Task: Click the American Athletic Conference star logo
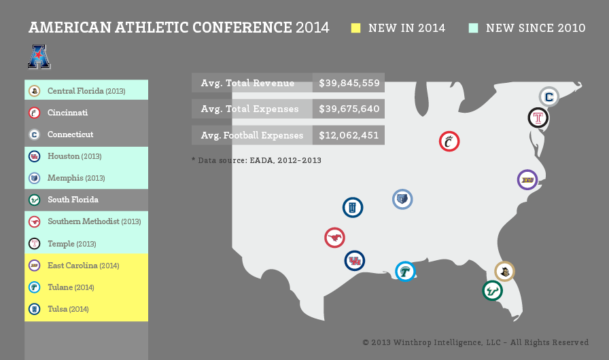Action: (39, 56)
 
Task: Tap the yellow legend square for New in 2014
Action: (355, 28)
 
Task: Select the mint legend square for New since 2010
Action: (474, 28)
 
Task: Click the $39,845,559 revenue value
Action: (349, 83)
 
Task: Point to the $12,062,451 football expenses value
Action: (349, 135)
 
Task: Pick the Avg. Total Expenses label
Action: (249, 109)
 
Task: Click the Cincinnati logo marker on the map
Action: (449, 141)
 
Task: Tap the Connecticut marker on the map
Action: (549, 96)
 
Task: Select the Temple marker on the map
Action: (538, 118)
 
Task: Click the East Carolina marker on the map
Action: (527, 180)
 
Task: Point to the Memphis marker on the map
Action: (402, 200)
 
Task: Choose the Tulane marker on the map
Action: (406, 272)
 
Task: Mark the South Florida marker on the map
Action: (493, 291)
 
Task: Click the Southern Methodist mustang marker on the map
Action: (335, 238)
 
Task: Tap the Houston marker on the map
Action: (355, 261)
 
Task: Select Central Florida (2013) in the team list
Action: (86, 91)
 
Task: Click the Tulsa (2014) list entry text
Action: (68, 309)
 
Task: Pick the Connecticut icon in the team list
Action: (35, 134)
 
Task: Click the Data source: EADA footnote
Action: (256, 160)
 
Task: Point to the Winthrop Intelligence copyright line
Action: (475, 342)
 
